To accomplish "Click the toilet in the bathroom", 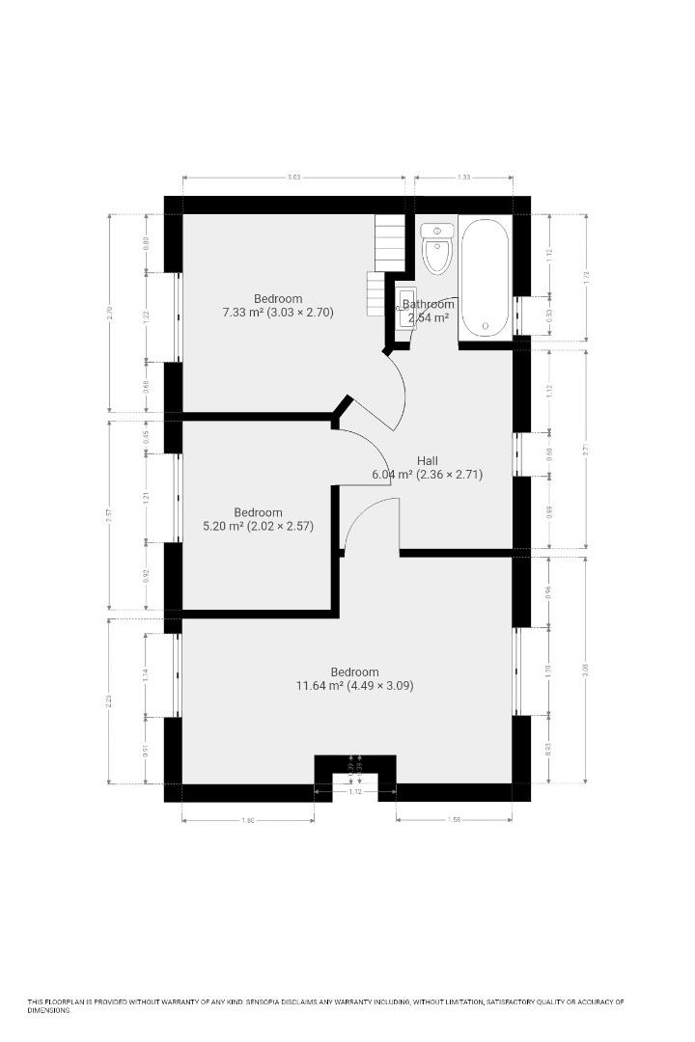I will tap(437, 249).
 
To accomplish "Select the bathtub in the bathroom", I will tap(485, 278).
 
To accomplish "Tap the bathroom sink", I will tap(406, 307).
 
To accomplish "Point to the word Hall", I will tap(428, 461).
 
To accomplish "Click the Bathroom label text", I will tap(428, 304).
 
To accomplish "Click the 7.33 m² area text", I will tap(241, 313).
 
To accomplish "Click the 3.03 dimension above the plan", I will tap(294, 177).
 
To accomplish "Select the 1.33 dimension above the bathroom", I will tap(463, 177).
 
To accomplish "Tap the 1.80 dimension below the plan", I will tap(248, 821).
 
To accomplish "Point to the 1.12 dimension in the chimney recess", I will tap(355, 793).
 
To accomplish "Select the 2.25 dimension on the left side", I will tap(109, 699).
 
